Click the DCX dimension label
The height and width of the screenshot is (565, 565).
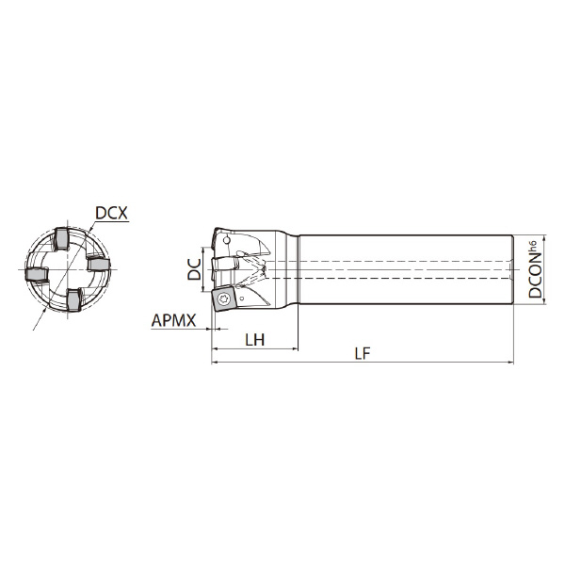(111, 213)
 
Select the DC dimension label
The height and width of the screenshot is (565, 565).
(195, 269)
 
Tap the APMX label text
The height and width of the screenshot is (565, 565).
(173, 320)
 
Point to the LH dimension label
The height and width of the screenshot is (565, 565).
(255, 340)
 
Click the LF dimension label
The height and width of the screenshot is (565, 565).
(363, 354)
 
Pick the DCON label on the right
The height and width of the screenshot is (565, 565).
(536, 275)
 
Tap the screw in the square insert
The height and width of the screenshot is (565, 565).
(222, 299)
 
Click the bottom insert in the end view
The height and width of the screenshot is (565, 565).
(73, 300)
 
